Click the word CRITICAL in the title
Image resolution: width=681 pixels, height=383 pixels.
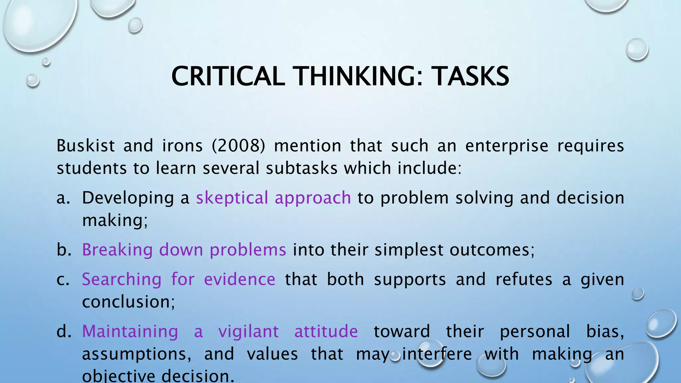coord(228,76)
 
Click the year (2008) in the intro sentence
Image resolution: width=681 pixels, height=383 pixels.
coord(238,146)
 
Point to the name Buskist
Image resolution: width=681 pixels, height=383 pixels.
coord(86,146)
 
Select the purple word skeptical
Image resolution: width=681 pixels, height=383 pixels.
coord(232,198)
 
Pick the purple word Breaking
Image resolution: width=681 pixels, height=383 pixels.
coord(117,250)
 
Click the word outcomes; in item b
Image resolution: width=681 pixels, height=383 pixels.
coord(492,250)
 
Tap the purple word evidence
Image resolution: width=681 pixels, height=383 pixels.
coord(239,279)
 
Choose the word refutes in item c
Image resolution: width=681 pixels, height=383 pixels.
coord(524,279)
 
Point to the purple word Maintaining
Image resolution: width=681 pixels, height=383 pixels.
coord(130,331)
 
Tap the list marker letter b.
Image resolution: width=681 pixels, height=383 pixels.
coord(64,250)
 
